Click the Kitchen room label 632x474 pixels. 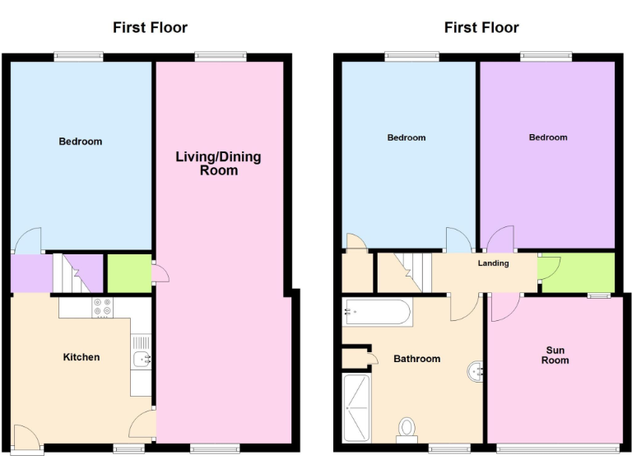click(81, 357)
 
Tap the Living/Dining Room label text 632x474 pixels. click(218, 164)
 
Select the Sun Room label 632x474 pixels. click(555, 355)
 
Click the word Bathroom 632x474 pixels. click(416, 359)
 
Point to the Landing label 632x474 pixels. click(493, 263)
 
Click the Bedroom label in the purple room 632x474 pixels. click(548, 137)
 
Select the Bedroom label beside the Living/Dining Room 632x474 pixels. click(81, 142)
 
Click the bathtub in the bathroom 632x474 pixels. click(377, 313)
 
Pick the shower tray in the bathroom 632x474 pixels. click(357, 407)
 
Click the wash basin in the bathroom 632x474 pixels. click(476, 373)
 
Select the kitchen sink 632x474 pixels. click(141, 359)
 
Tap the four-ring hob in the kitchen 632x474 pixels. click(103, 307)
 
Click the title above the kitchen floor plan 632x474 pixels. click(150, 28)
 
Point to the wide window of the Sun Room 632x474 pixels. click(558, 448)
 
